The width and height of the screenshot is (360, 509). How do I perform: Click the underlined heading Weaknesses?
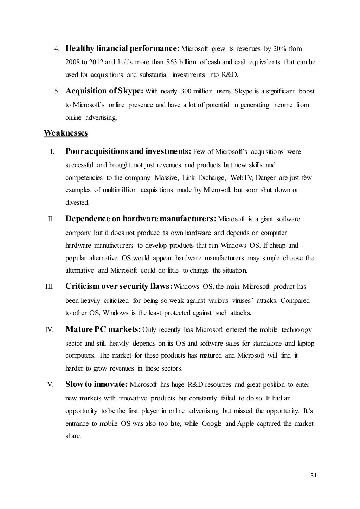pyautogui.click(x=65, y=133)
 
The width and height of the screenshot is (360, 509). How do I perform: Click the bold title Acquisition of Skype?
pyautogui.click(x=104, y=91)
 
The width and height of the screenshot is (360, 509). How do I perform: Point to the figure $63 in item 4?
pyautogui.click(x=171, y=62)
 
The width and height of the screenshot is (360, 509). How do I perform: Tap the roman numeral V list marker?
pyautogui.click(x=50, y=385)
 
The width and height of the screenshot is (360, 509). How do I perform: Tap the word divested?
pyautogui.click(x=77, y=203)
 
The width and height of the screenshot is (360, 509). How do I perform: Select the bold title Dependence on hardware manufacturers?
pyautogui.click(x=141, y=219)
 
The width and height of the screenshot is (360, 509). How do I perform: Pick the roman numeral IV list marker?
pyautogui.click(x=49, y=330)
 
